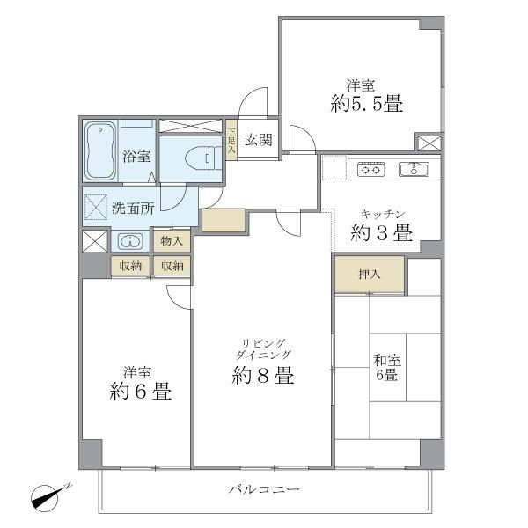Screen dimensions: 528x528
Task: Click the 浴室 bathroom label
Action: pos(136,157)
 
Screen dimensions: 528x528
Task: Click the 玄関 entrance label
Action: pos(257,139)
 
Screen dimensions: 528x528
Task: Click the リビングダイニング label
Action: pos(264,348)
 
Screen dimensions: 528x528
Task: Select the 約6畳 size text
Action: pos(142,392)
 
